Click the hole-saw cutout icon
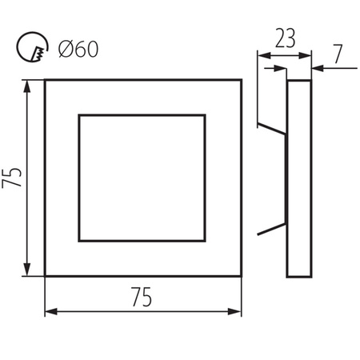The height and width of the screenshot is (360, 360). (30, 50)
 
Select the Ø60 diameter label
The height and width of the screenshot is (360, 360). (78, 50)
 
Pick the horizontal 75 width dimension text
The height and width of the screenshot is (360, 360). (142, 297)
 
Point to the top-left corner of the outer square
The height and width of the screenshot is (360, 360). (46, 80)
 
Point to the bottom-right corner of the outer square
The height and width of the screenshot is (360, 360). (242, 276)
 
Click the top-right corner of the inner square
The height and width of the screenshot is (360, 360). (206, 115)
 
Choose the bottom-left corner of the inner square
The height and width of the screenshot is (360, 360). (78, 241)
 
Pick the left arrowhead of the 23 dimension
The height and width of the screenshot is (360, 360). (261, 55)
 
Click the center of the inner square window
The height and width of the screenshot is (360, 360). (142, 178)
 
